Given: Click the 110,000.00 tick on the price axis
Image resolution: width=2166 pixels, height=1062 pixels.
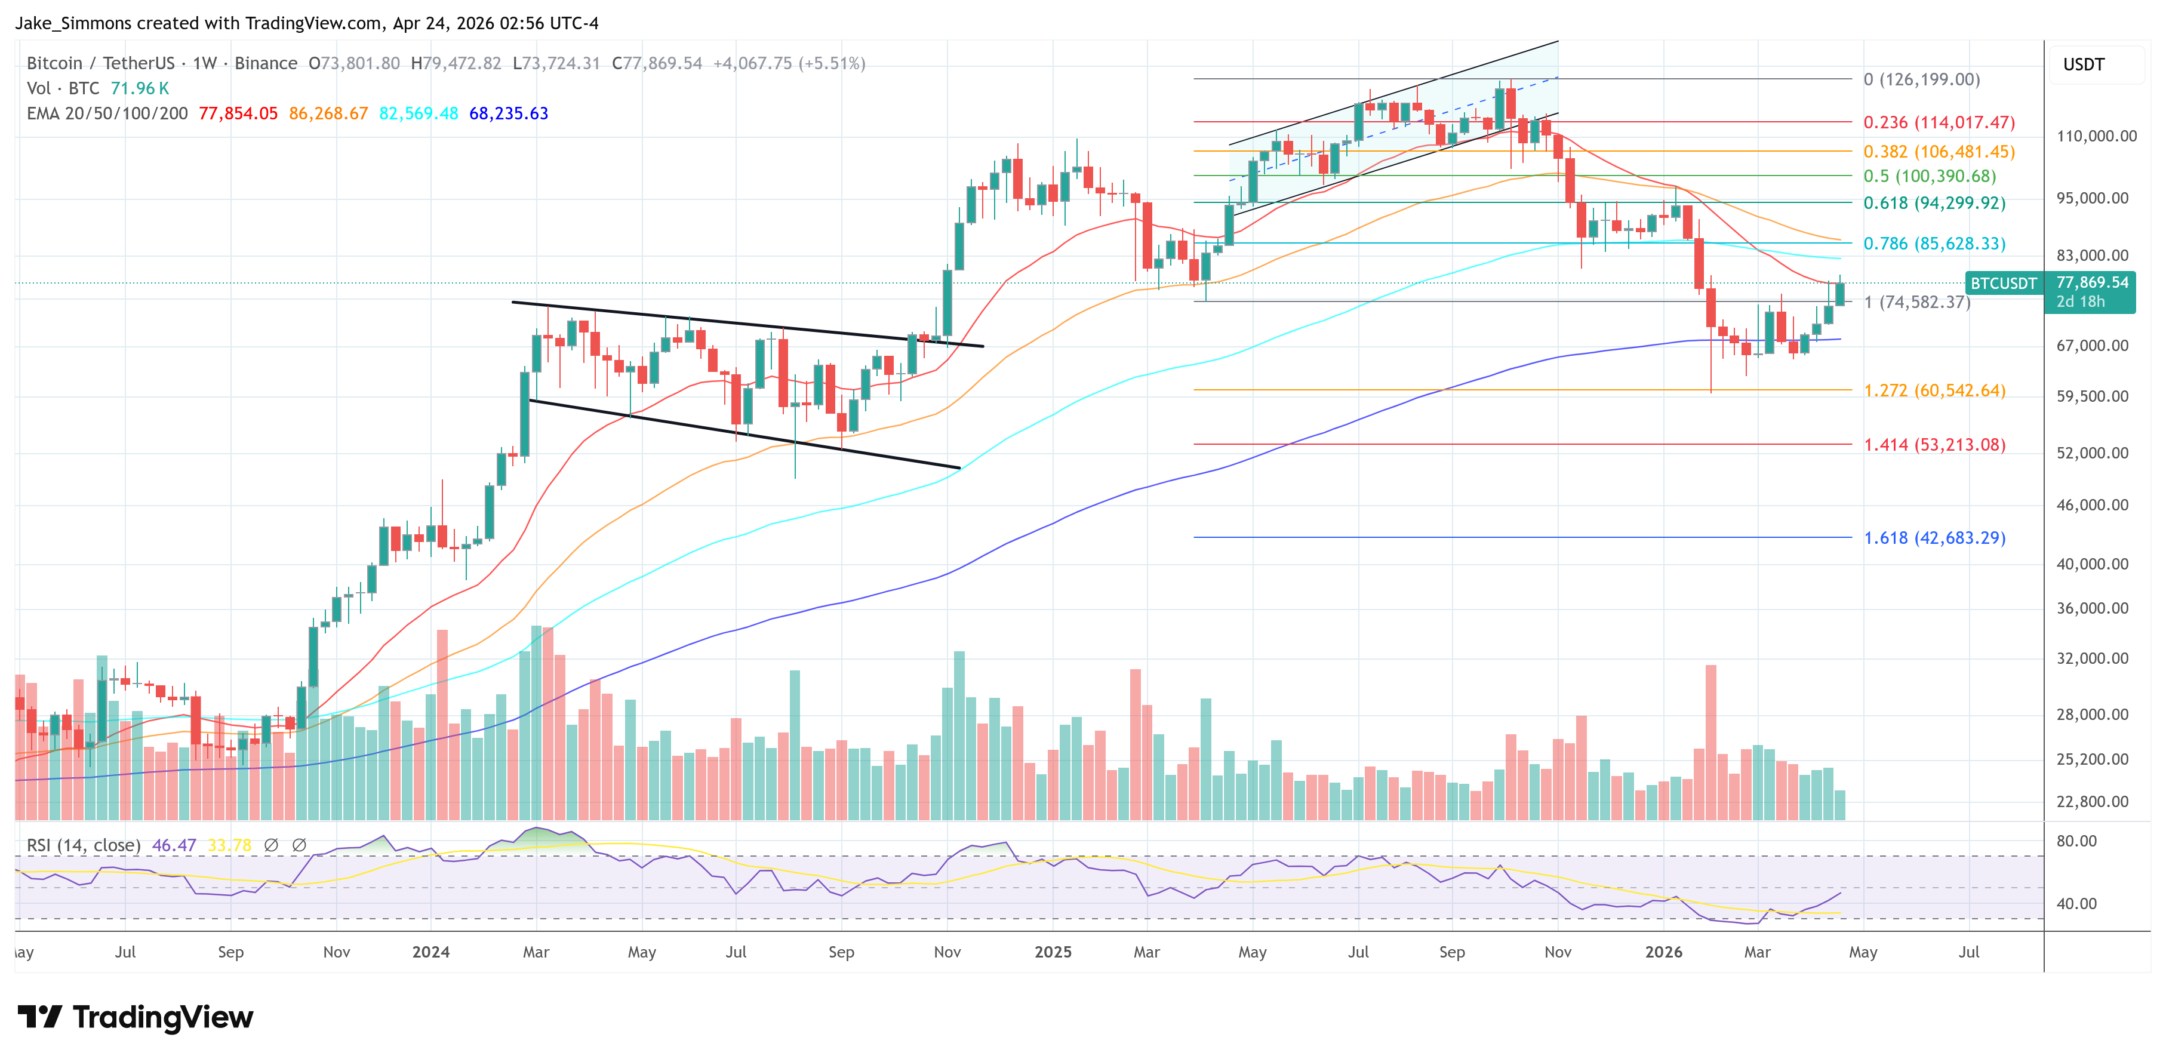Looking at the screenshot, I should pyautogui.click(x=2096, y=136).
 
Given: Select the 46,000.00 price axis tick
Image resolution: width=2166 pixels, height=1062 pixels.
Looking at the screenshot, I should pyautogui.click(x=2092, y=506).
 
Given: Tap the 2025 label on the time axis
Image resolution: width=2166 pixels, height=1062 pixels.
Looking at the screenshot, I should pyautogui.click(x=1053, y=952).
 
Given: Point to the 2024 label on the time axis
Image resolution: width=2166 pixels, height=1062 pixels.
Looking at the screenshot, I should pyautogui.click(x=430, y=952).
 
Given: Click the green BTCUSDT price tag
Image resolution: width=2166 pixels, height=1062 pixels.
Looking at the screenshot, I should pyautogui.click(x=2003, y=284).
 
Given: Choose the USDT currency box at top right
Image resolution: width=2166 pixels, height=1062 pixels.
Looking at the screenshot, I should pyautogui.click(x=2084, y=64).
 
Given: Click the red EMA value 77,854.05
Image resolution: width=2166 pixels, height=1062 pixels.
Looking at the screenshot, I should pyautogui.click(x=238, y=113).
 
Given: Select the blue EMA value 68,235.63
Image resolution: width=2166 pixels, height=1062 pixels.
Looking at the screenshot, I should pyautogui.click(x=509, y=113).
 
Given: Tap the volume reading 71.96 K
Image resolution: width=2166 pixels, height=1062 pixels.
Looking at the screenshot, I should pyautogui.click(x=140, y=88).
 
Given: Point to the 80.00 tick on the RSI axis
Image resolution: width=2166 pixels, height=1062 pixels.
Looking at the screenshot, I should pyautogui.click(x=2076, y=841).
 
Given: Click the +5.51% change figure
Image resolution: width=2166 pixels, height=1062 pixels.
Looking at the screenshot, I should pyautogui.click(x=832, y=63).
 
